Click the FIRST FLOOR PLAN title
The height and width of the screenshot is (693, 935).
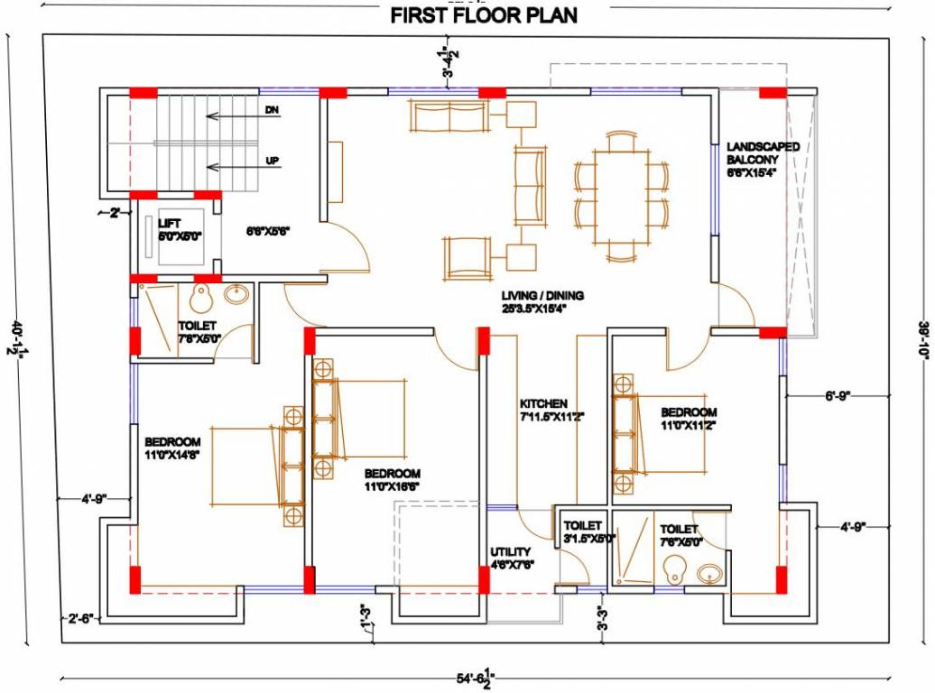click(484, 15)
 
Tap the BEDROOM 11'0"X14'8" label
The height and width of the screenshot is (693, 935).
click(172, 448)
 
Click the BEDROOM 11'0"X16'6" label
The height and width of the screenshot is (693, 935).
click(393, 479)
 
